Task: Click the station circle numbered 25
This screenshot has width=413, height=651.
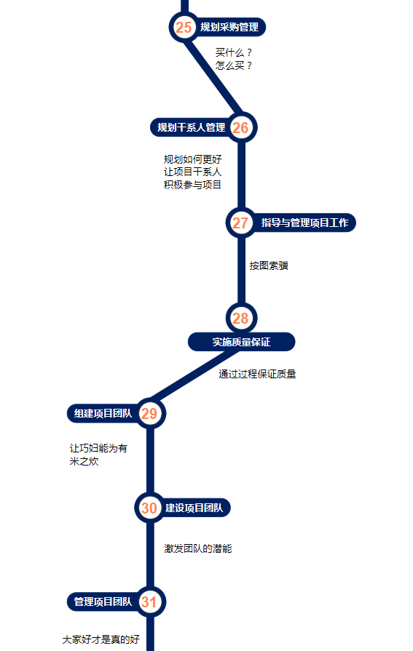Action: pyautogui.click(x=184, y=28)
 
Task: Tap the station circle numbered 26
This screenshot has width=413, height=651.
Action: pyautogui.click(x=241, y=127)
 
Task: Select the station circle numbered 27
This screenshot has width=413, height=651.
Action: pyautogui.click(x=241, y=223)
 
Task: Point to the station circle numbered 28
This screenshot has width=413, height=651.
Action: pyautogui.click(x=241, y=319)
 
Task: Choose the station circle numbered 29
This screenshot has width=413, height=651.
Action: pyautogui.click(x=150, y=414)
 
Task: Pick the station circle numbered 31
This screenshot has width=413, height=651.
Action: pyautogui.click(x=150, y=602)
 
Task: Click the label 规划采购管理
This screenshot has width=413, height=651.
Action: pyautogui.click(x=229, y=28)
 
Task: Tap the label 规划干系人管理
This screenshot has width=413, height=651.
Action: pyautogui.click(x=192, y=127)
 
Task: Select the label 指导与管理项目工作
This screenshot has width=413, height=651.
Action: pyautogui.click(x=305, y=223)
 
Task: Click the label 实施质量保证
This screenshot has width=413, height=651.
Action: pyautogui.click(x=242, y=342)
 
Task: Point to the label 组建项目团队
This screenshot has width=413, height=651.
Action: pyautogui.click(x=103, y=414)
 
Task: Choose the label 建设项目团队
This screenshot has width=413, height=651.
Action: pyautogui.click(x=194, y=508)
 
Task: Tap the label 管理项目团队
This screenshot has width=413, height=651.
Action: pyautogui.click(x=103, y=602)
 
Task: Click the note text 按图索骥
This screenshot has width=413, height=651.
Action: pyautogui.click(x=269, y=265)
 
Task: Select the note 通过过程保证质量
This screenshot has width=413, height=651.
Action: pyautogui.click(x=257, y=374)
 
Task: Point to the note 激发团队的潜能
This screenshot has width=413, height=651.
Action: pyautogui.click(x=198, y=549)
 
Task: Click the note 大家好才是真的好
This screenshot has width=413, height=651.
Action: pyautogui.click(x=101, y=640)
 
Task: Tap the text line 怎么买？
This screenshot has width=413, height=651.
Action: pyautogui.click(x=234, y=65)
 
